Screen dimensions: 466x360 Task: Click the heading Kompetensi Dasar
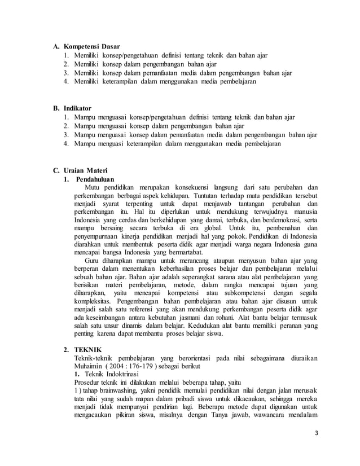(x=91, y=46)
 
